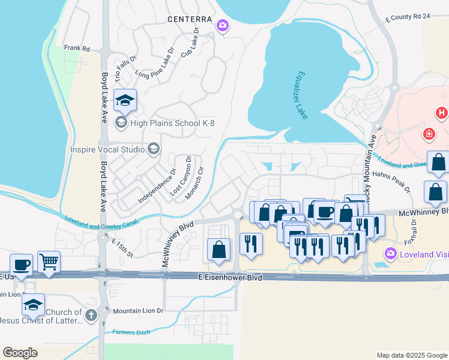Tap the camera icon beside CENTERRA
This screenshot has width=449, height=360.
(223, 25)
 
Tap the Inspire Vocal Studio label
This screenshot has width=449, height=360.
(107, 149)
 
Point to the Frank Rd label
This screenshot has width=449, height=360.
(77, 48)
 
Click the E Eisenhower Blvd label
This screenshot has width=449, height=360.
(230, 278)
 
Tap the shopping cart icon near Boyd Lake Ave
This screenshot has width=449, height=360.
(49, 262)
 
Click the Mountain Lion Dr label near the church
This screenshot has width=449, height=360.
(138, 311)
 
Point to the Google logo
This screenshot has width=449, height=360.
(20, 352)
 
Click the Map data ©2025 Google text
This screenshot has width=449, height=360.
(412, 355)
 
